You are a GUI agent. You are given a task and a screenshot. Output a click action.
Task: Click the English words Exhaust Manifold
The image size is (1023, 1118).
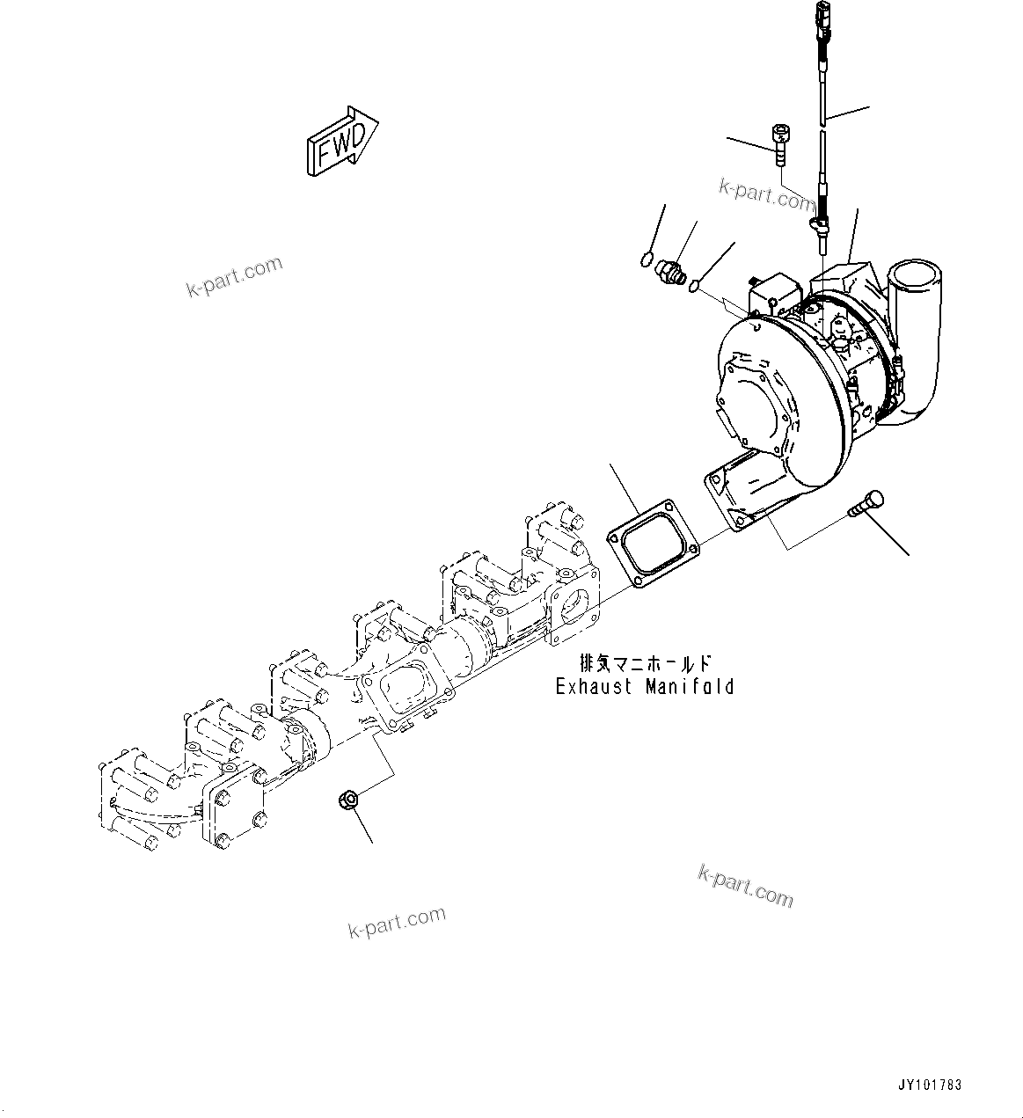point(644,686)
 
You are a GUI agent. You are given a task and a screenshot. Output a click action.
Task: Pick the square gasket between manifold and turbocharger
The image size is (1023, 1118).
point(652,542)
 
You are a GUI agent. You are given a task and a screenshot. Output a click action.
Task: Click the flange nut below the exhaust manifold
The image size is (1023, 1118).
point(347,800)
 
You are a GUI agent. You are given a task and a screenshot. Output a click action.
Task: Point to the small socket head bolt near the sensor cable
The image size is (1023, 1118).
point(779,143)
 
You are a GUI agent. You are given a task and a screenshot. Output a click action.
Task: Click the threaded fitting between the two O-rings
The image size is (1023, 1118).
point(671,268)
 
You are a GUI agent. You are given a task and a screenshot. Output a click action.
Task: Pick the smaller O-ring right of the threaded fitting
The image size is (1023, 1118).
point(695,285)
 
